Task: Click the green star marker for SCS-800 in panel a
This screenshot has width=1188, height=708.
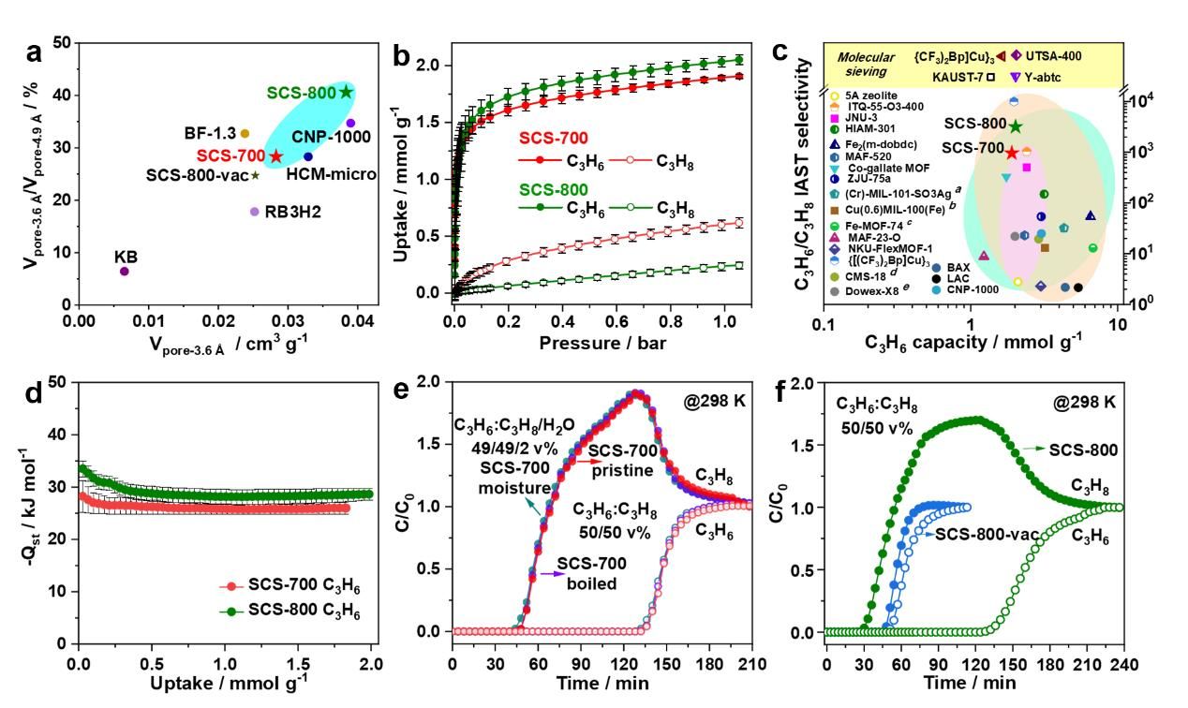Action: coord(347,92)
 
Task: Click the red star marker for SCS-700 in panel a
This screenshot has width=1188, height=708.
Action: coord(275,155)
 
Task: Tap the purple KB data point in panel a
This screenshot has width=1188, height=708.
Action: coord(124,272)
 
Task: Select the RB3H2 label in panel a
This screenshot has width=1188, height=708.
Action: coord(297,213)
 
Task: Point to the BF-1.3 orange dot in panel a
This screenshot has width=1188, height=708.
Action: coord(245,134)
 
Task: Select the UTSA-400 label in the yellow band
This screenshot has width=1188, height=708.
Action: coord(1053,56)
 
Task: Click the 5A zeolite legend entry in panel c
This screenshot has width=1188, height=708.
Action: coord(868,95)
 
